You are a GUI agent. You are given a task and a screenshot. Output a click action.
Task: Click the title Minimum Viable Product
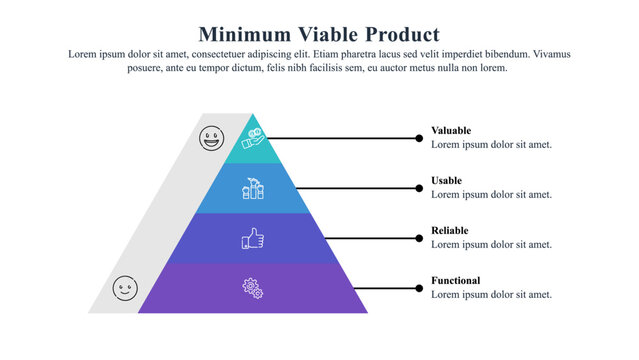click(x=319, y=34)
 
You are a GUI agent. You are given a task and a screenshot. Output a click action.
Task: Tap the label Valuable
click(x=451, y=130)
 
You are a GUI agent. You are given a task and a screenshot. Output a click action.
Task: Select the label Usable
click(x=447, y=180)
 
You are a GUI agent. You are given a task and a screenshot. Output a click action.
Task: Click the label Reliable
click(x=450, y=230)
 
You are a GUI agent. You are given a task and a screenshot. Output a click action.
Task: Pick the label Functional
click(x=456, y=280)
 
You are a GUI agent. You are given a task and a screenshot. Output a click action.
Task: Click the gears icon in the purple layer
click(x=253, y=288)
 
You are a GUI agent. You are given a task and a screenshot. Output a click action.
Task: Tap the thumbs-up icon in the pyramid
click(x=253, y=238)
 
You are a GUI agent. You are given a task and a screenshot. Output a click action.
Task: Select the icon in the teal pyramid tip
click(x=252, y=138)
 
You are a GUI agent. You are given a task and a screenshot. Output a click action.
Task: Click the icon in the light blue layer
click(x=253, y=188)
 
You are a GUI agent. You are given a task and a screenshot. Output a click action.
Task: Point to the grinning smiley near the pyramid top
click(x=212, y=138)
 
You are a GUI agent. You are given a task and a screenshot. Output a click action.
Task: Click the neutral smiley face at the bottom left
click(x=125, y=288)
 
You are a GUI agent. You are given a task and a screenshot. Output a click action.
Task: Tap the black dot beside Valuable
click(x=419, y=138)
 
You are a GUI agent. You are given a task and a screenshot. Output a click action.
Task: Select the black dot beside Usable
click(x=419, y=188)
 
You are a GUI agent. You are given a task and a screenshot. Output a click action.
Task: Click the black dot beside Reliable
click(x=419, y=238)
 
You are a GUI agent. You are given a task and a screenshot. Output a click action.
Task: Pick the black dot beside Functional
click(x=419, y=288)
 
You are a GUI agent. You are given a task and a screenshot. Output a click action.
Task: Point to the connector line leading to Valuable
click(x=340, y=138)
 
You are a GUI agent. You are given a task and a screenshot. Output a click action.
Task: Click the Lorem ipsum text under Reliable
click(x=491, y=244)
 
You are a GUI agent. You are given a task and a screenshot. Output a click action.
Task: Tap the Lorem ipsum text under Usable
click(x=491, y=194)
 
